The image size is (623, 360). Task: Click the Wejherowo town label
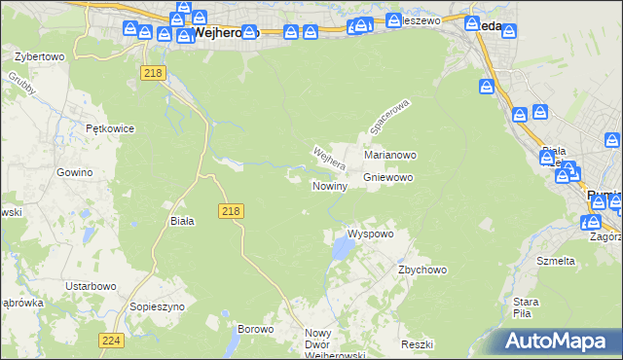click(x=226, y=32)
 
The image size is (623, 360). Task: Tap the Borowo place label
click(x=256, y=329)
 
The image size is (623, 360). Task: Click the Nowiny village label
click(x=329, y=186)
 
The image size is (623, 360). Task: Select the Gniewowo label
click(x=388, y=178)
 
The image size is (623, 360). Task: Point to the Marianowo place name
click(x=390, y=155)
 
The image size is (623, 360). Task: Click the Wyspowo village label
click(x=370, y=234)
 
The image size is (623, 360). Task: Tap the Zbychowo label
click(x=421, y=270)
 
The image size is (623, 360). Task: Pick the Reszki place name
click(x=416, y=345)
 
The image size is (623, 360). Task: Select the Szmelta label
click(x=556, y=261)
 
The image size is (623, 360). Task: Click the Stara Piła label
click(x=527, y=307)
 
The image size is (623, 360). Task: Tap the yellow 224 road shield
click(x=110, y=340)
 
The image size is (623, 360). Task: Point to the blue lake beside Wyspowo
click(x=342, y=250)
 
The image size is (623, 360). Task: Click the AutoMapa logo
click(x=556, y=342)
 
